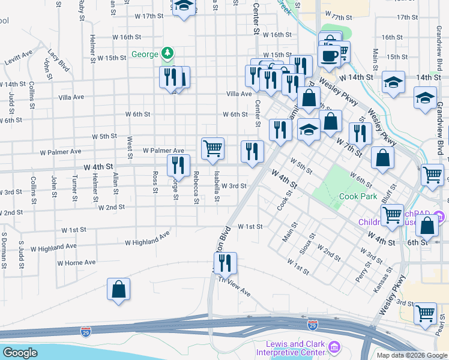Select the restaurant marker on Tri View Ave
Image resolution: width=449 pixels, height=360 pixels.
(x=225, y=263)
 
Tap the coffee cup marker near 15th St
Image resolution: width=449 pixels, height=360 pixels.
(x=328, y=56)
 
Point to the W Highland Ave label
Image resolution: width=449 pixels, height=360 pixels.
(x=147, y=239)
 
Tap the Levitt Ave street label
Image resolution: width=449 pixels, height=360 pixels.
(x=18, y=59)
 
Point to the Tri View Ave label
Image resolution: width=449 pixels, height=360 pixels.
(x=234, y=286)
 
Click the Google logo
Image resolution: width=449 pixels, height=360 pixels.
(x=20, y=353)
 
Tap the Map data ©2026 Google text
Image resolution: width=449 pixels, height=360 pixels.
(x=411, y=355)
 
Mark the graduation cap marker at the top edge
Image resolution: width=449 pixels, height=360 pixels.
(x=184, y=7)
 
